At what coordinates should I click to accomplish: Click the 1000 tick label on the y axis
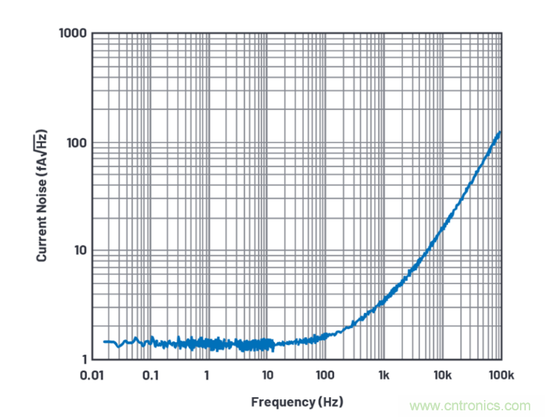click(73, 34)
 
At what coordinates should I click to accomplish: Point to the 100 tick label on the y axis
click(76, 142)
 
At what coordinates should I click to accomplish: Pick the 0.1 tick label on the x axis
click(150, 375)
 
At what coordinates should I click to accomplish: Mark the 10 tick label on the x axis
click(267, 375)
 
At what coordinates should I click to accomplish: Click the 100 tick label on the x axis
click(325, 375)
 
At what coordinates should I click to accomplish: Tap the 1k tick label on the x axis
click(384, 375)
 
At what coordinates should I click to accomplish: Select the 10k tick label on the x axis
click(442, 375)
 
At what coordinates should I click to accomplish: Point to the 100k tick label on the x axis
click(500, 375)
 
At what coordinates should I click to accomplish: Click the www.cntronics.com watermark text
click(470, 405)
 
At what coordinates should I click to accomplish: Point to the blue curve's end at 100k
click(501, 133)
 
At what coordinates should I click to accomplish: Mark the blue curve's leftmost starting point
click(104, 341)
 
